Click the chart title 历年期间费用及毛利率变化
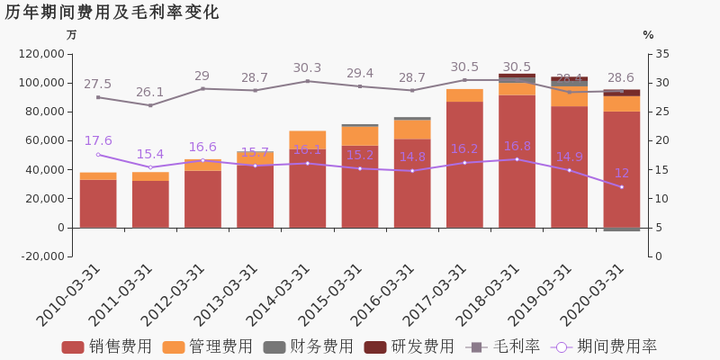click(x=112, y=13)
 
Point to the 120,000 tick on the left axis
click(x=41, y=54)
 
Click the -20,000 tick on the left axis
click(x=41, y=256)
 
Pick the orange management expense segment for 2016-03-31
click(x=412, y=129)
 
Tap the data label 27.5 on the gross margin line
click(x=97, y=84)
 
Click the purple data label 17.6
click(x=98, y=141)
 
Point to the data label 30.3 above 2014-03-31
click(x=307, y=68)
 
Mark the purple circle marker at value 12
click(x=621, y=187)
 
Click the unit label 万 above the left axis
click(x=72, y=35)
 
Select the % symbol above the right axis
click(x=648, y=35)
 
